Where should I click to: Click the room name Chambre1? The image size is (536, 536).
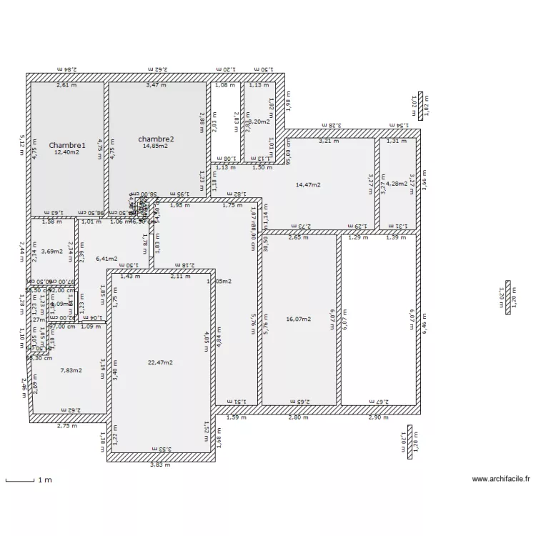[x=67, y=145]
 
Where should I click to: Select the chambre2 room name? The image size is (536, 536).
[x=157, y=139]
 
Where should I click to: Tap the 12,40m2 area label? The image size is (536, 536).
[x=67, y=152]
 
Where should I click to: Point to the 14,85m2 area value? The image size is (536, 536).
[x=155, y=147]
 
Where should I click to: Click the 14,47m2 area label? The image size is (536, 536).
[x=308, y=184]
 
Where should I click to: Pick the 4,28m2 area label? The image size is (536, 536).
[x=397, y=184]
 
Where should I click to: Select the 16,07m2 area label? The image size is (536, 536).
[x=298, y=319]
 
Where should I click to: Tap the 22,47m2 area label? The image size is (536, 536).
[x=161, y=362]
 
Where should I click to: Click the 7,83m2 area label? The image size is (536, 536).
[x=71, y=370]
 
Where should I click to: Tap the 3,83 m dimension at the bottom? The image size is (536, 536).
[x=160, y=465]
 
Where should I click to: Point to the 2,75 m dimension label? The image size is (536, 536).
[x=67, y=426]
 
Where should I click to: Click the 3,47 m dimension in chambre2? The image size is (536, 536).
[x=156, y=85]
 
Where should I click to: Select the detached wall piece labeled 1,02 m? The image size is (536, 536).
[x=421, y=104]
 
